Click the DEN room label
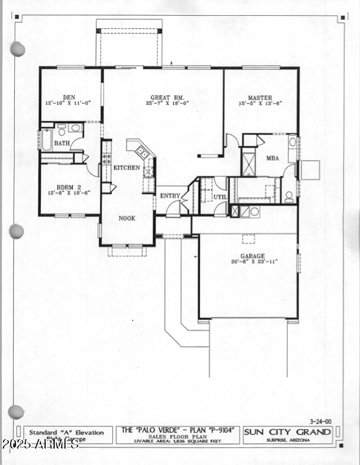click(x=69, y=98)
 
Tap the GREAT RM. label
click(x=168, y=98)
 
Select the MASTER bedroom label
click(x=259, y=98)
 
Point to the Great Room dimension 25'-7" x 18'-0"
click(x=168, y=103)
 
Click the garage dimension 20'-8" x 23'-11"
click(x=252, y=261)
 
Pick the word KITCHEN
click(x=126, y=168)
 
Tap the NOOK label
click(x=127, y=218)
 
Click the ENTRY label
click(x=171, y=196)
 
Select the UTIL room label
click(x=220, y=197)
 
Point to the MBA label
click(x=272, y=158)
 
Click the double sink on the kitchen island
click(x=142, y=152)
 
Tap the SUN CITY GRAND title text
click(x=288, y=432)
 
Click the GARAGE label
click(x=252, y=255)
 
